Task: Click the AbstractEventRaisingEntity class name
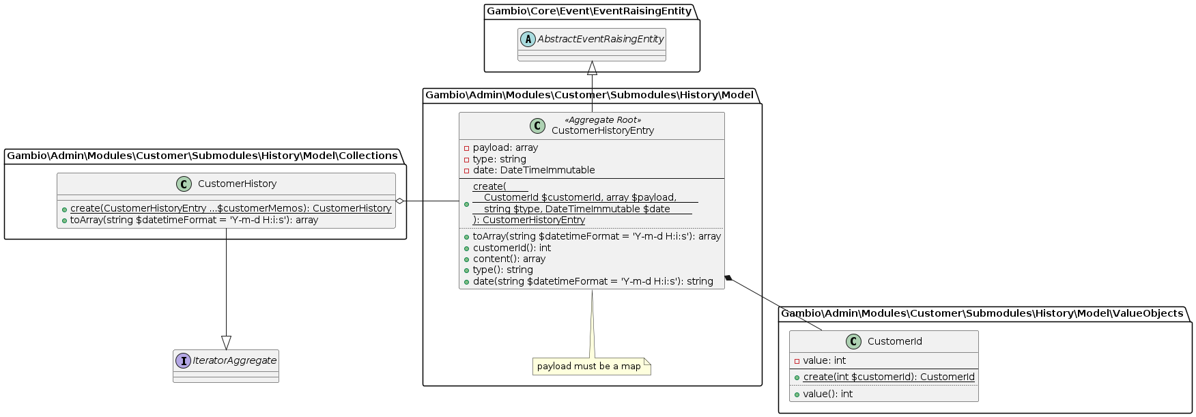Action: point(600,40)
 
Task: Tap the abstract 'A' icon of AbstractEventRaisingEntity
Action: point(528,40)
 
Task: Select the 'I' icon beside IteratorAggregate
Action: point(183,360)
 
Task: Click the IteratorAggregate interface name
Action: point(234,360)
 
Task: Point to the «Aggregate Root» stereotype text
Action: point(603,120)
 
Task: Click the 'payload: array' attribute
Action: point(505,147)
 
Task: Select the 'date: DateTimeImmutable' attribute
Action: point(533,170)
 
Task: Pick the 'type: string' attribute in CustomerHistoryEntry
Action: point(499,159)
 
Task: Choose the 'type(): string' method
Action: point(502,270)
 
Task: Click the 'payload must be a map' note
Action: point(590,366)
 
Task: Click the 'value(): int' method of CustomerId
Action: point(827,394)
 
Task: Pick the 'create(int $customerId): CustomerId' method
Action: point(888,377)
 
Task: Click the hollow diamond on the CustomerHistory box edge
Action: point(400,201)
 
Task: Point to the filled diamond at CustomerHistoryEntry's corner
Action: point(729,278)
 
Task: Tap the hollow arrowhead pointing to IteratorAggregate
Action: point(226,343)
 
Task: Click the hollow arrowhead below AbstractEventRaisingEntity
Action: point(592,68)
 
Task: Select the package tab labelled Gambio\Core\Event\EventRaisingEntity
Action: point(588,11)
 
